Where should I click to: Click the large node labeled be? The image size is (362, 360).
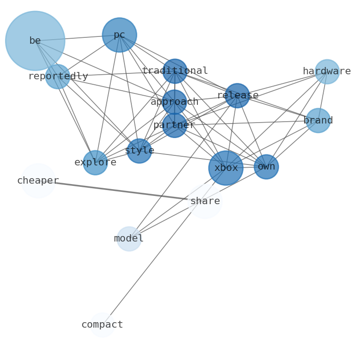35,41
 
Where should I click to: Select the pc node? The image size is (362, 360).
119,35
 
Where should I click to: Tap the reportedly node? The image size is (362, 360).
58,77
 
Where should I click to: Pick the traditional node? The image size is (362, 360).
175,71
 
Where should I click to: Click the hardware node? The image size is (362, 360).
327,72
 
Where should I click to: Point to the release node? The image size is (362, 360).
238,96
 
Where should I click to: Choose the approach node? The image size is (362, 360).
175,102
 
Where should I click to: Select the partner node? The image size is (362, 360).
175,125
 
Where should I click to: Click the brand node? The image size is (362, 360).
318,121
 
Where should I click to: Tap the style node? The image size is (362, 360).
140,151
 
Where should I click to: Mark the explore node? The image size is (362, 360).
95,163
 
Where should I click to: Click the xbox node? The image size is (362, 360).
226,168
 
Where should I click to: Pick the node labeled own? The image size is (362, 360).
266,167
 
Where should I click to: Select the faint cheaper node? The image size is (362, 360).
38,181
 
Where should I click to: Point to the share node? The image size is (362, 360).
205,201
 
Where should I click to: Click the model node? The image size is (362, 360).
129,239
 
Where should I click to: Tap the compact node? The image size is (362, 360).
102,325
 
